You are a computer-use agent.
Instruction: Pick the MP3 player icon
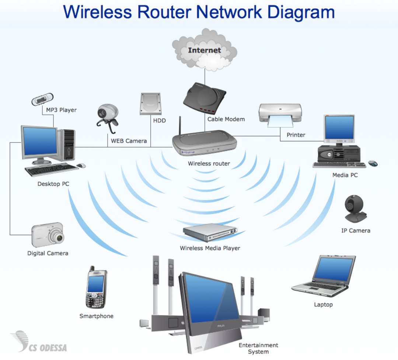tap(43, 99)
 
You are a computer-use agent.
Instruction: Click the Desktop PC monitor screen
tap(39, 141)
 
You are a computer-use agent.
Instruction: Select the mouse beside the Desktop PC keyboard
tap(81, 166)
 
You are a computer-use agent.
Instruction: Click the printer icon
tap(280, 114)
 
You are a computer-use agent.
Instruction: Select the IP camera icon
tap(355, 209)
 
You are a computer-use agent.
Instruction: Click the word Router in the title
tap(166, 12)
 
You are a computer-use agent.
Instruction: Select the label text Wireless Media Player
tap(210, 248)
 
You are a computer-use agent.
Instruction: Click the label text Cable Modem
tap(226, 119)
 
